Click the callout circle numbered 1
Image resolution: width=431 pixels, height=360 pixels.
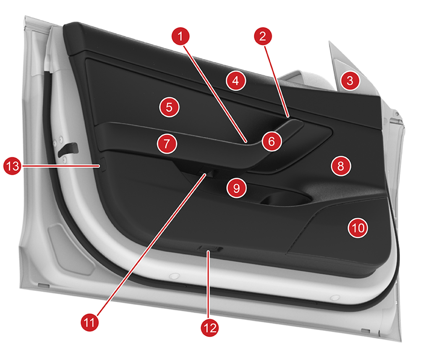pos(180,36)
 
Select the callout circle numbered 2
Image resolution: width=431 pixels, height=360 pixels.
pos(263,36)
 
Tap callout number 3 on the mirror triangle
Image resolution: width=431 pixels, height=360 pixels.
pos(350,81)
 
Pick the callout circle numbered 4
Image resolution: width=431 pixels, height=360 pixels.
pos(236,81)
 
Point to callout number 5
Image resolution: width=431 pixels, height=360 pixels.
pos(169,107)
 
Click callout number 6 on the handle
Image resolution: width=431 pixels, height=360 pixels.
pos(272,141)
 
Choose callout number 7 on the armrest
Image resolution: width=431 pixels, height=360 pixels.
pos(167,143)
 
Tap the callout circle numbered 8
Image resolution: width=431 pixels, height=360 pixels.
pos(341,166)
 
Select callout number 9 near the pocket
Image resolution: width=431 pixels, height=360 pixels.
pos(236,188)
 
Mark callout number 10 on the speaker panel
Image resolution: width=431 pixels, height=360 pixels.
pos(358,228)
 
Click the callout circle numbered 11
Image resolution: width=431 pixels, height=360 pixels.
pos(90,322)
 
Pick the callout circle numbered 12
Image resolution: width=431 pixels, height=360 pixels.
pos(210,328)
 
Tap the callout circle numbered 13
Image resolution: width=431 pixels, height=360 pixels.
pos(13,166)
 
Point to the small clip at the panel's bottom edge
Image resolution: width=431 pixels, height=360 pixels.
pos(210,249)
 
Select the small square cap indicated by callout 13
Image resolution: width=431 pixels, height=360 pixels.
pos(102,164)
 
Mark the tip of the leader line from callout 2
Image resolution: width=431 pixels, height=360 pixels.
pos(288,117)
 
